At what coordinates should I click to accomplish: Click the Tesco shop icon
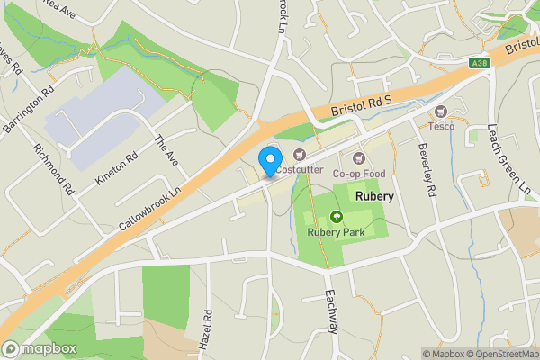pos(441,112)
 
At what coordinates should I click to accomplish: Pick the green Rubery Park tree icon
pos(337,216)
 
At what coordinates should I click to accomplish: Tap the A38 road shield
pos(479,61)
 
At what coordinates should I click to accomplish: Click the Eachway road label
pos(330,312)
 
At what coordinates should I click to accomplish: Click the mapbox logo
pos(40,348)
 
